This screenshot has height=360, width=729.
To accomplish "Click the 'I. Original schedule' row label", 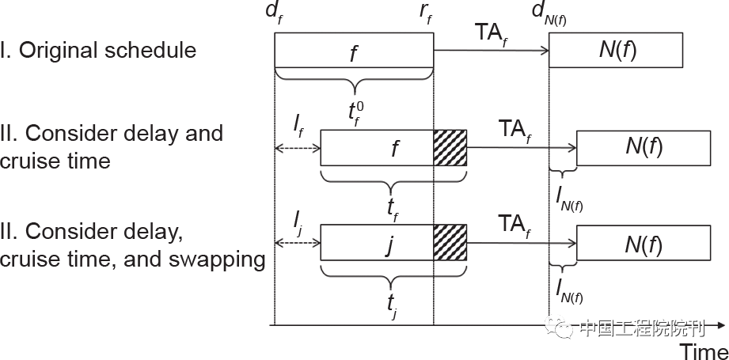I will coord(99,51).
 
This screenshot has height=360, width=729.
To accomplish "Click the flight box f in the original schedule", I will coord(354,52).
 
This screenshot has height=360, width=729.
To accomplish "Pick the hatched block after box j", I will coord(450,242).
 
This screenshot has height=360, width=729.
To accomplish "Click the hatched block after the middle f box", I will coord(450,148).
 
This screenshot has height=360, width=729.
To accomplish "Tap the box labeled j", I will coord(377,242).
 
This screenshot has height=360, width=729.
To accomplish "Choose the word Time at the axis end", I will coord(704,350).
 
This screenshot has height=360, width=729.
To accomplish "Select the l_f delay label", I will coord(297,123).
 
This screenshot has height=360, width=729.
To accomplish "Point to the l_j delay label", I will coord(297,218).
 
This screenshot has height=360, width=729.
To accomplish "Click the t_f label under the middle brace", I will coord(392,207).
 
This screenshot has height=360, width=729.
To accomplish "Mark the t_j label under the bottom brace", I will coord(392,302).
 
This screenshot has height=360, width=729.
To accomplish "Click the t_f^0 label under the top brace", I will coord(355,110).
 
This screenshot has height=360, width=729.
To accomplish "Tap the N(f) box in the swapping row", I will coord(644,242).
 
